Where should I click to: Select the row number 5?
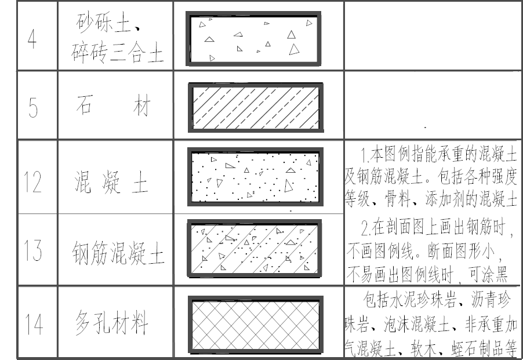coord(32,108)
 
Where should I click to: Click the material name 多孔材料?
coord(112,322)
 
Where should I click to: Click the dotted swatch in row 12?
coord(256,177)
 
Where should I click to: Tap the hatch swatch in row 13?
coord(256,248)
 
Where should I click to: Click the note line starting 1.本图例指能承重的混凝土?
coord(438,155)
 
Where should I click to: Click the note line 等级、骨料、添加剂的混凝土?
coord(431,200)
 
